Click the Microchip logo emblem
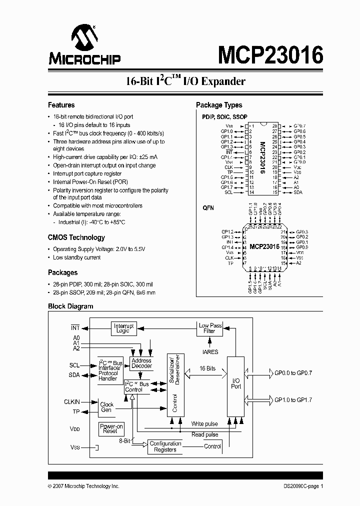coord(83,38)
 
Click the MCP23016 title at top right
coord(270,54)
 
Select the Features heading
coord(61,105)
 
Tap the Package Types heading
coord(219,105)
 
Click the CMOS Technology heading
coord(76,237)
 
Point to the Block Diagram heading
coord(70,306)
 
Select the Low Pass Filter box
coord(210,328)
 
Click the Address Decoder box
coord(141,363)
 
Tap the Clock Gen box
coord(106,407)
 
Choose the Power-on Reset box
coord(110,428)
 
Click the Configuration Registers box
coord(165,446)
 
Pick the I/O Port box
coord(236,383)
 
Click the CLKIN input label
coord(71,401)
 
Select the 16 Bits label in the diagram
coord(207,368)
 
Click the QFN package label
coord(208,207)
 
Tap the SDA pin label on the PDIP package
coord(297,192)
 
